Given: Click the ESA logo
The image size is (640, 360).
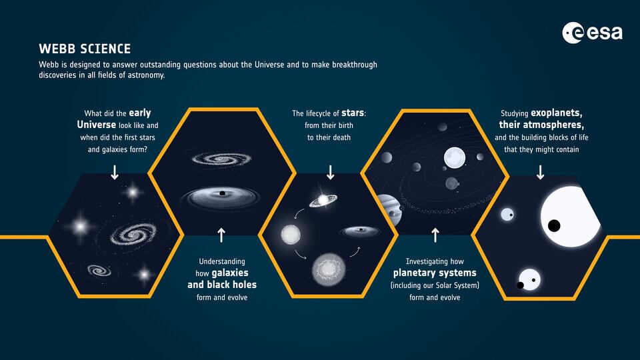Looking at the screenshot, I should (x=592, y=33).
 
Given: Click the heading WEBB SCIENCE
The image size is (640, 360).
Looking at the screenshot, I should (x=85, y=49).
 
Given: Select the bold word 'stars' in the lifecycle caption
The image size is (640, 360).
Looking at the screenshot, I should (x=352, y=113).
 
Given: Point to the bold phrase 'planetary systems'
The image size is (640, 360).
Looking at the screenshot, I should (x=435, y=273).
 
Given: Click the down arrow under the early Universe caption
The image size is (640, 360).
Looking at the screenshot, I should (x=115, y=173).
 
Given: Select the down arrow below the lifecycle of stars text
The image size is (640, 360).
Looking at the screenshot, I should (x=330, y=173).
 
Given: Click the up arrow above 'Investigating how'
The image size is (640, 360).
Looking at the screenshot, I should (x=435, y=234).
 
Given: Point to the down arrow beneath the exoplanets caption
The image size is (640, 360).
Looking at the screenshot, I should (x=541, y=173).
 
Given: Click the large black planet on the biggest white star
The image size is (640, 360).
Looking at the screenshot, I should (x=553, y=225).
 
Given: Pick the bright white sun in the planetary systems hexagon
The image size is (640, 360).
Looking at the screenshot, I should (x=454, y=158).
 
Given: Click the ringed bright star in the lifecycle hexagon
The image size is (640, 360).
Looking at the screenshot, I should (x=323, y=199).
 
